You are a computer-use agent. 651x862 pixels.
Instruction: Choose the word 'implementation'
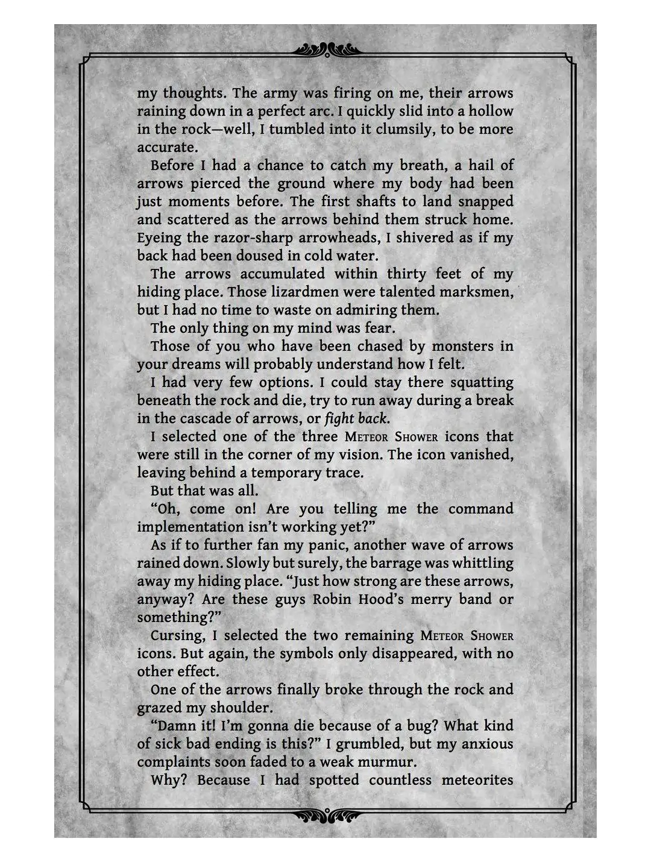coord(190,527)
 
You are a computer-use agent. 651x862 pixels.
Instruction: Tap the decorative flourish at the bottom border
coord(325,816)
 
